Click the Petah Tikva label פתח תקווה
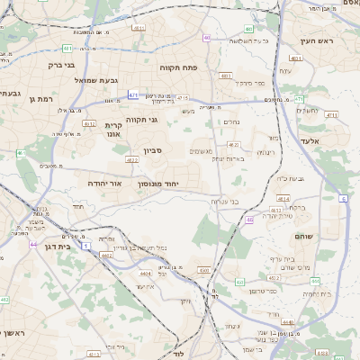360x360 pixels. click(x=202, y=67)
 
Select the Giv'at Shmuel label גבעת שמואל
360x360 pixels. click(x=93, y=81)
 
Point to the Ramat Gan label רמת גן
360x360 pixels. click(x=41, y=98)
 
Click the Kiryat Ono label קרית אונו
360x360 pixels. click(x=113, y=130)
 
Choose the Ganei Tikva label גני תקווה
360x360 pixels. click(x=142, y=119)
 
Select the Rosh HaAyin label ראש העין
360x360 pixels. click(x=319, y=41)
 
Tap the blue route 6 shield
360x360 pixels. click(x=343, y=198)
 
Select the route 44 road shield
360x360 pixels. click(x=33, y=244)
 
